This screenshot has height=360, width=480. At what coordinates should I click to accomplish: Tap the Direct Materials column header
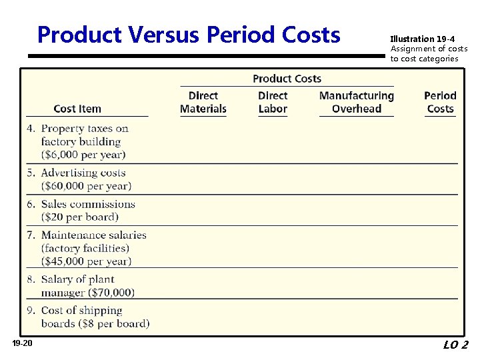pos(203,102)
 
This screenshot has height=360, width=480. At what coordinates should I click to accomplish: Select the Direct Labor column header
pos(273,102)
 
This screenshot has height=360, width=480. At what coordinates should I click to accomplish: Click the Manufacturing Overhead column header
pos(357,102)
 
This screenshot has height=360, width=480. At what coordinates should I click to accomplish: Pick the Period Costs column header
pos(440,102)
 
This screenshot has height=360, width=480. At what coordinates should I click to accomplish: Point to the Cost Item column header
pos(77,109)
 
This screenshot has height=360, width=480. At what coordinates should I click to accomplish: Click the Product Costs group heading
pos(287,79)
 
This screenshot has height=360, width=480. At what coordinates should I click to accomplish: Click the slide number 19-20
pos(22,343)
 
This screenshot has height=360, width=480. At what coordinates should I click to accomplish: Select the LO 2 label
pos(455,345)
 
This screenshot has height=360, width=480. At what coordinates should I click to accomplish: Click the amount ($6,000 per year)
pos(83,155)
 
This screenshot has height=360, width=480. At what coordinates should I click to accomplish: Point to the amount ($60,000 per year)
pos(86,186)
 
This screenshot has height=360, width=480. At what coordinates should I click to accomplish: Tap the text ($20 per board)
pos(80,217)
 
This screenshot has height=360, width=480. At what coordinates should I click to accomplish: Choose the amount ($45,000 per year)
pos(86,261)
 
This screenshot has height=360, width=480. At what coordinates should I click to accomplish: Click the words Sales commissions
pos(88,204)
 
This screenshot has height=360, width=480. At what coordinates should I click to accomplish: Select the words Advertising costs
pos(83,173)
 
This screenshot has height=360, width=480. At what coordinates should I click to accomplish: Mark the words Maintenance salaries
pos(93,235)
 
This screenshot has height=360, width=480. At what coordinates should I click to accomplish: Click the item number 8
pos(31,279)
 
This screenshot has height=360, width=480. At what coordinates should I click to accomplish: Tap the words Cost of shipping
pos(81,311)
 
